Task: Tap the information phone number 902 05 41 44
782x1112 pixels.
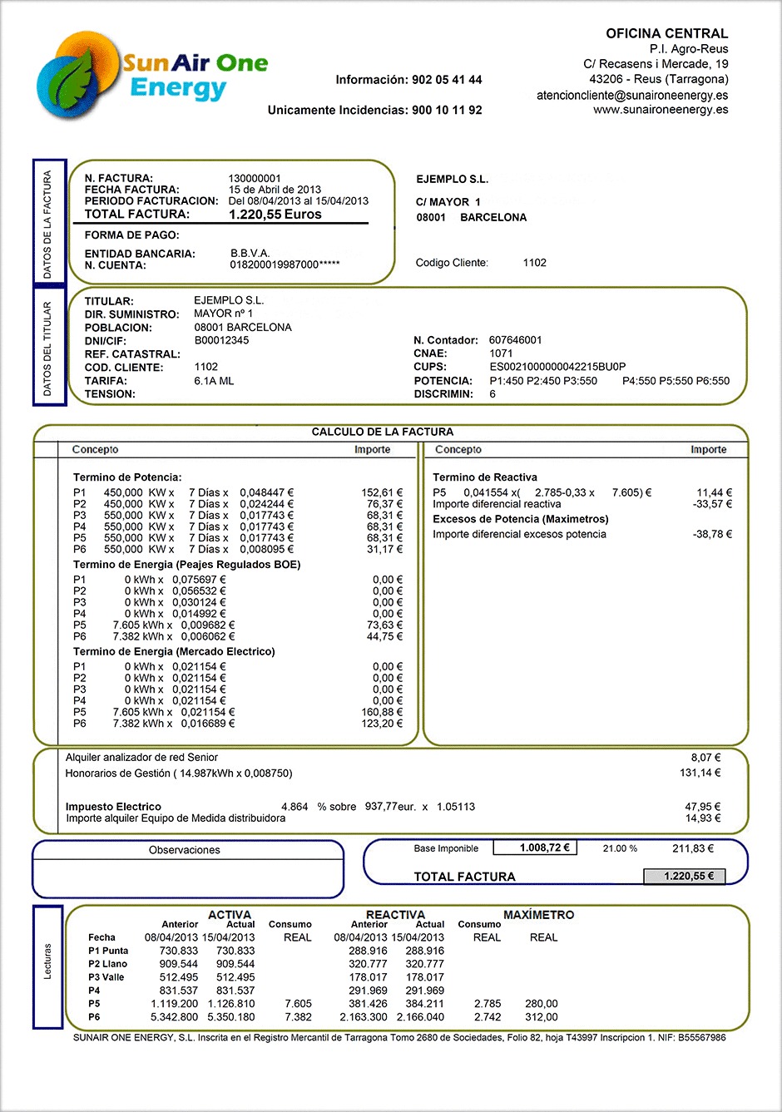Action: (x=447, y=80)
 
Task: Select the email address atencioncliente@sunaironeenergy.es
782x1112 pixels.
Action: (x=632, y=95)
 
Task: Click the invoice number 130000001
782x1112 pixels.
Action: (x=255, y=178)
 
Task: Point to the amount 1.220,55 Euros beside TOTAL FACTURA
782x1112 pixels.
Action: (x=275, y=214)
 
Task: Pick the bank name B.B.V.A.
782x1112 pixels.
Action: (x=250, y=253)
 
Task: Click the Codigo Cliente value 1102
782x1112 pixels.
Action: (x=535, y=263)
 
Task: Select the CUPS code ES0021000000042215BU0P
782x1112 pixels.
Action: (x=557, y=367)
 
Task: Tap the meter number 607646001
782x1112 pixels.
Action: (x=516, y=340)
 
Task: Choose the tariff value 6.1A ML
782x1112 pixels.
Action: (x=214, y=381)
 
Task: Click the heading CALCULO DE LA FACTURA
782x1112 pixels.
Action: (x=383, y=432)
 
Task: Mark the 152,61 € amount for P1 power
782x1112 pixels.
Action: (x=382, y=492)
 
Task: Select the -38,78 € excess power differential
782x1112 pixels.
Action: (x=712, y=534)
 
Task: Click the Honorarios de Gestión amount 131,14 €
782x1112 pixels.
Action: (x=700, y=773)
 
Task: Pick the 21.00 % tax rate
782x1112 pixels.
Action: (x=620, y=848)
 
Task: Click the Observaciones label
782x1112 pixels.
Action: (x=185, y=850)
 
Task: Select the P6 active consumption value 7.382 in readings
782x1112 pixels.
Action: (x=298, y=1017)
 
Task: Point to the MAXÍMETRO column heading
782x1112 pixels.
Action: (x=538, y=915)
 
